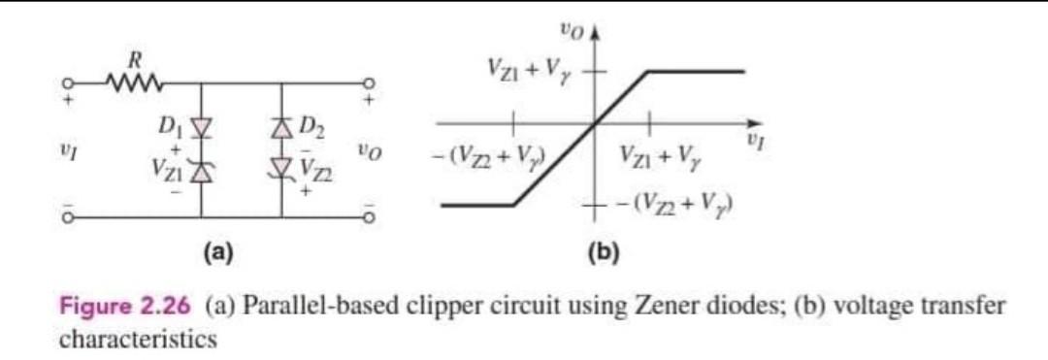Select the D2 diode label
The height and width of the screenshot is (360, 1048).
[x=311, y=125]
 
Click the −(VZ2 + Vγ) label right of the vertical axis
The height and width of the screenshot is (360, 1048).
[x=671, y=205]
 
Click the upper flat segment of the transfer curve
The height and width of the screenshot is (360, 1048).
[x=696, y=71]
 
